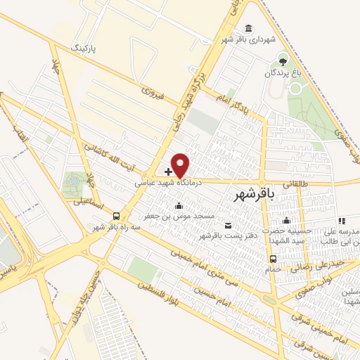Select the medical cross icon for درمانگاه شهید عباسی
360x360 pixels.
(169, 171)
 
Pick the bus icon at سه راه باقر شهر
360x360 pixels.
(116, 217)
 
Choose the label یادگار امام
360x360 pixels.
(233, 98)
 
